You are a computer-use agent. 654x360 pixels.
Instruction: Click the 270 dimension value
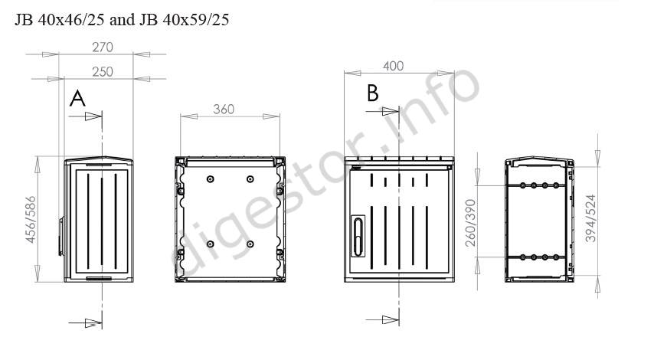[103, 47]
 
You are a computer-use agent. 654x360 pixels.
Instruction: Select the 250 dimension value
[103, 72]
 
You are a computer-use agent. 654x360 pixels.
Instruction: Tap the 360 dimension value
[224, 110]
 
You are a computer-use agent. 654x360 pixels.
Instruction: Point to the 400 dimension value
[394, 66]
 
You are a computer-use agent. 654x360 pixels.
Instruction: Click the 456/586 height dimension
[31, 219]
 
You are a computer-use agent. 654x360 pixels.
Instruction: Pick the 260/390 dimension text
[470, 223]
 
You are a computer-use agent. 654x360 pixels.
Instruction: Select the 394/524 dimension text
[590, 218]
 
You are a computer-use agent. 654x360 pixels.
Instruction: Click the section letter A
[77, 99]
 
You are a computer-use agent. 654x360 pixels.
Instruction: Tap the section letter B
[372, 93]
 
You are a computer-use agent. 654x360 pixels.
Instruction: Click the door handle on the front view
[358, 236]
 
